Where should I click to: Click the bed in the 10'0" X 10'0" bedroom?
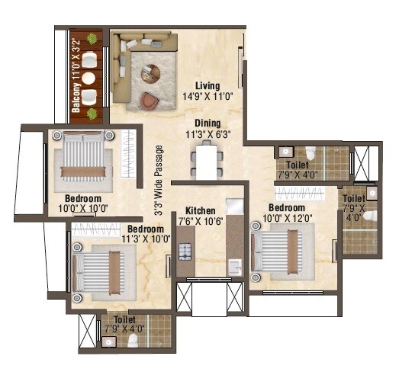[x=85, y=156]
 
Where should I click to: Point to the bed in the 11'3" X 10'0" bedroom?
[x=101, y=270]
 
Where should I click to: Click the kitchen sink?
[x=235, y=266]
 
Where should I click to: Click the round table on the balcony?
[x=88, y=77]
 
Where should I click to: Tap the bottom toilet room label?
[x=126, y=325]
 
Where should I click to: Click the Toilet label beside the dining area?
[x=298, y=168]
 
